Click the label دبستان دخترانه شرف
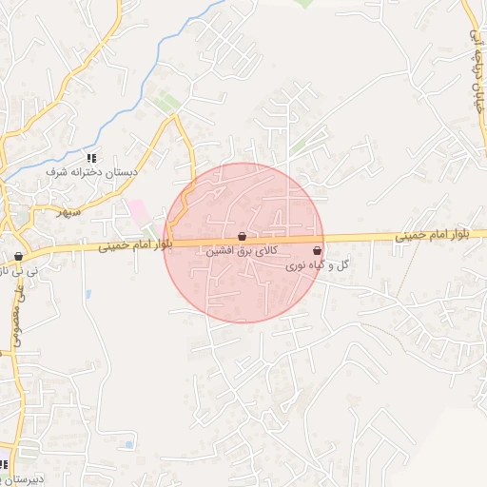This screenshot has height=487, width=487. (92, 172)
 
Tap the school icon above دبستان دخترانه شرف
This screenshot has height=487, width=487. (91, 158)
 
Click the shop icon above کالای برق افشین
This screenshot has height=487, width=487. (242, 236)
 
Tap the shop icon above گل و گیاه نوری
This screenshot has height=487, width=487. (317, 250)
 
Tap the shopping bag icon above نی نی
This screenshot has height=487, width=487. (18, 257)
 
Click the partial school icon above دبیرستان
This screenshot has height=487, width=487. (3, 465)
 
